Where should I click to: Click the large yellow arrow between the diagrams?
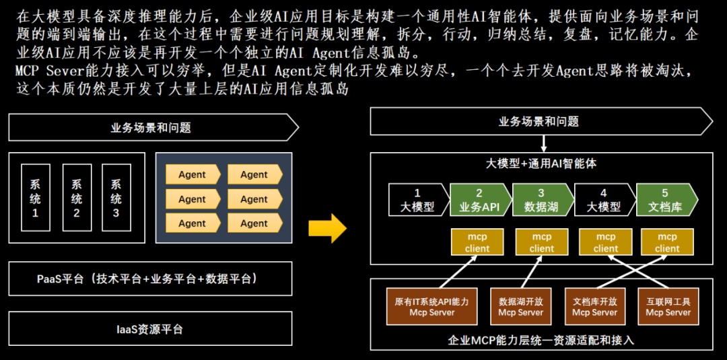(x=327, y=229)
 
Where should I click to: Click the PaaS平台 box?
(x=151, y=279)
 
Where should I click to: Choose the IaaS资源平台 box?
(x=151, y=330)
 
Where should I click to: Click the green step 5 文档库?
(x=665, y=200)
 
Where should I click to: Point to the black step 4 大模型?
(x=603, y=200)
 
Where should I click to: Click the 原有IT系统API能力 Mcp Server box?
(x=432, y=307)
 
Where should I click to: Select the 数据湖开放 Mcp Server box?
(x=521, y=307)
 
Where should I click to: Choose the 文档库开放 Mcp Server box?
(x=595, y=307)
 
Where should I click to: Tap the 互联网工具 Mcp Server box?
(x=668, y=307)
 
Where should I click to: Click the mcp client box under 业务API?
(x=477, y=242)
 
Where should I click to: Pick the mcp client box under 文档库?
(x=667, y=242)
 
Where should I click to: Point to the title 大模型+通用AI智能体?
(x=541, y=163)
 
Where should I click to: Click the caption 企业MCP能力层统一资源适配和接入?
(x=541, y=340)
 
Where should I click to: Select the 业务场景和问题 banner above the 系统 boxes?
(x=151, y=127)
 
